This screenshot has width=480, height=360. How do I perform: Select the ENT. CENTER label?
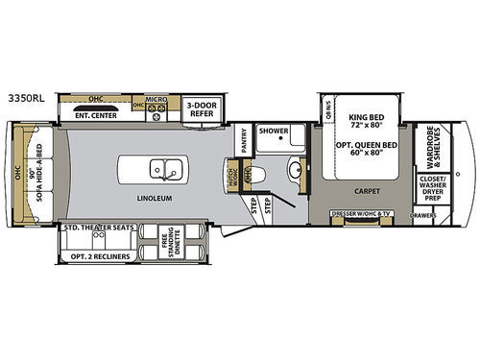93,116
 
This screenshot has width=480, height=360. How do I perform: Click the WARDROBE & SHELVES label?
428,143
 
